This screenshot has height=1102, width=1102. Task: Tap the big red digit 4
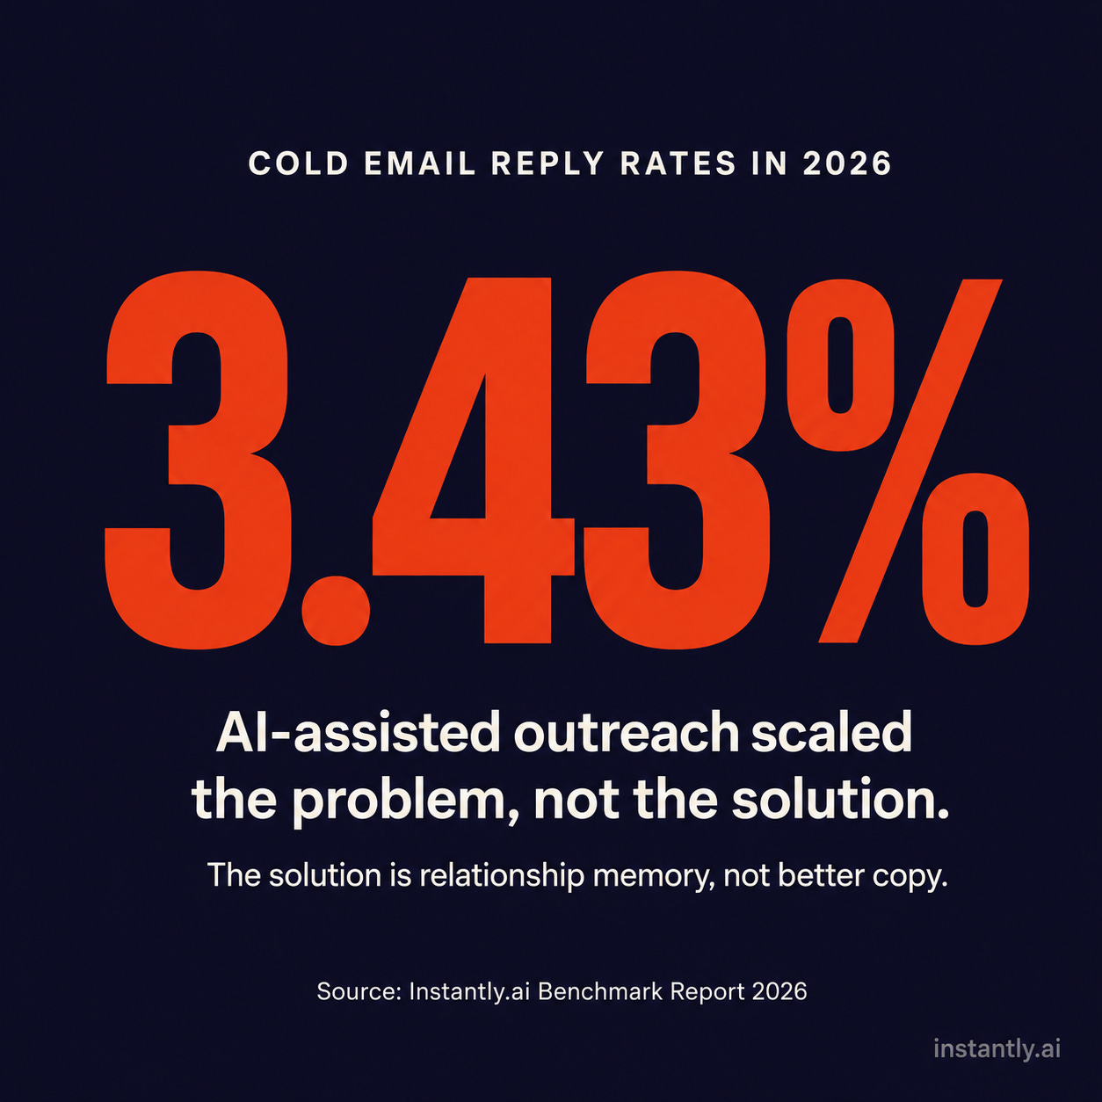coord(474,461)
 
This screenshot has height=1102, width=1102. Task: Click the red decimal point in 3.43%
coord(337,610)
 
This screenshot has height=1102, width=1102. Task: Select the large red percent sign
coord(908,461)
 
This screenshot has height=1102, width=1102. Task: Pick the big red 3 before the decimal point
coord(198,461)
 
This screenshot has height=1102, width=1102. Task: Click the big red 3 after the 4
coord(678,461)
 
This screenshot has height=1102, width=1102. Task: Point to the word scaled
coord(831,733)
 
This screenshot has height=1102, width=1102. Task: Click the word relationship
coord(502,875)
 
